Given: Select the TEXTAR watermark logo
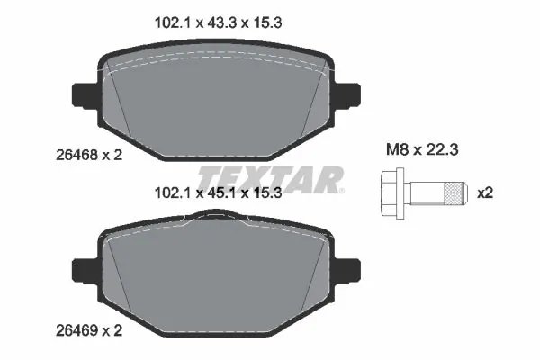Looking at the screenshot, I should tap(270, 178).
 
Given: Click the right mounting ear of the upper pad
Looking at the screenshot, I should tap(347, 93).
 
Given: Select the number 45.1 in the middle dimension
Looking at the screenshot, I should tap(217, 191).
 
